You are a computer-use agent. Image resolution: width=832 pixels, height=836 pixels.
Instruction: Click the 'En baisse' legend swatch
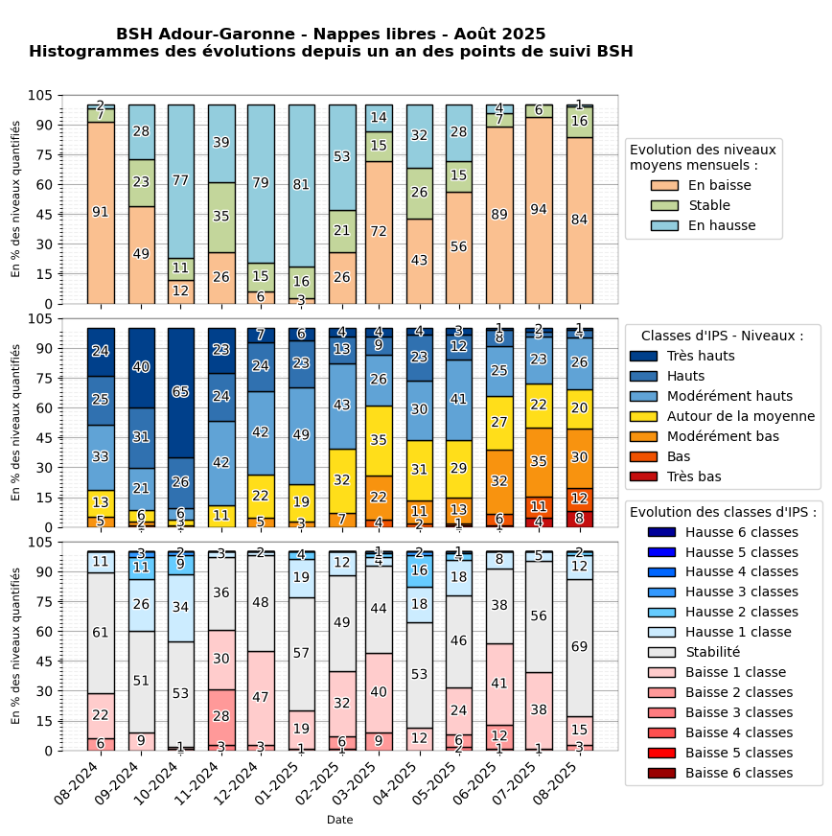click(x=664, y=185)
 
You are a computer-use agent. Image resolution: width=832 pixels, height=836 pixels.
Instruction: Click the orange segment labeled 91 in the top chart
click(x=101, y=212)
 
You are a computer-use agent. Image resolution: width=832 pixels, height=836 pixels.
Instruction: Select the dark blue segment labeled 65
click(x=181, y=392)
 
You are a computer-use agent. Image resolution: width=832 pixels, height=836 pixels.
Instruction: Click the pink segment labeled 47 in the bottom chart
click(x=262, y=698)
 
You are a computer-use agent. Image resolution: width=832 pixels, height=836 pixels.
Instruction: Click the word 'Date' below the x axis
click(x=339, y=820)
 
